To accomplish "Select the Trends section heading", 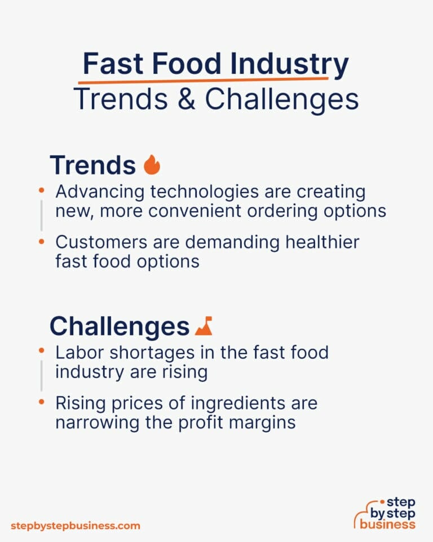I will [92, 165].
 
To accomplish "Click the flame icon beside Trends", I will [152, 165].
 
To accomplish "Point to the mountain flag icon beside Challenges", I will [204, 326].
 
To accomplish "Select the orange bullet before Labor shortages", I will [41, 351].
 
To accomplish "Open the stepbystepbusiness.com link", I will [76, 526].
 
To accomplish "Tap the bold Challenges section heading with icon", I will [119, 326].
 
